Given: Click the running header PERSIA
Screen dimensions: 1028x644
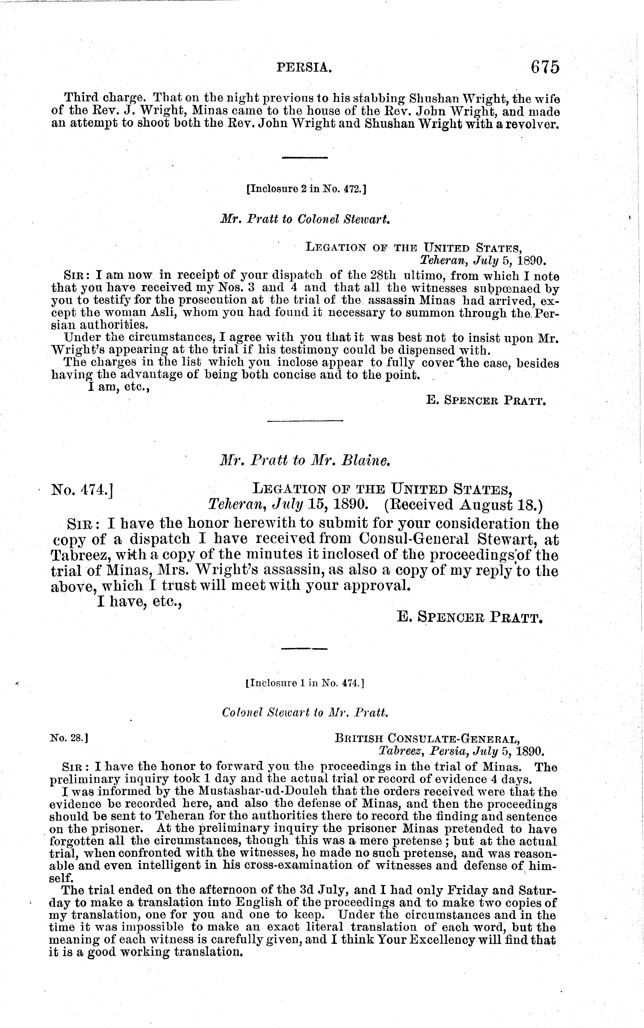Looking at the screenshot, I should click(x=304, y=67).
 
